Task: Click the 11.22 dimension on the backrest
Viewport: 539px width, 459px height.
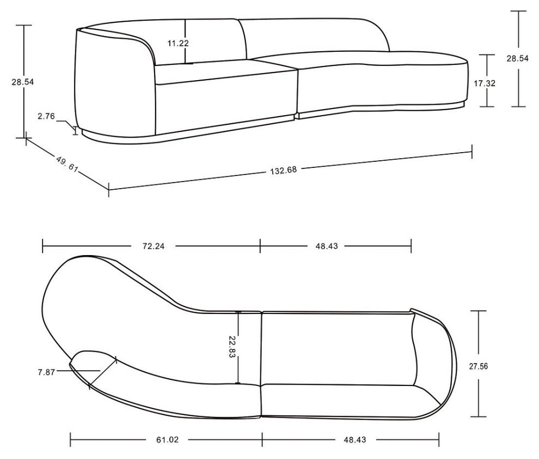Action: [x=178, y=43]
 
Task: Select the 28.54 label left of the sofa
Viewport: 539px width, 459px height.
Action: [x=22, y=82]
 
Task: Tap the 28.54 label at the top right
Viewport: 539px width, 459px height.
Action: [x=517, y=59]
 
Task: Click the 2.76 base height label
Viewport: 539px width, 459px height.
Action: [x=46, y=116]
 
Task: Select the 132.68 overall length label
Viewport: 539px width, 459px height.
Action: [x=283, y=170]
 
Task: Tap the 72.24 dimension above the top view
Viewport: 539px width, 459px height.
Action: [x=154, y=246]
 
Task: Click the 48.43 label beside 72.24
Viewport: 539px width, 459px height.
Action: [x=327, y=246]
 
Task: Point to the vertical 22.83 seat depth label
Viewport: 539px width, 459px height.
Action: [x=232, y=347]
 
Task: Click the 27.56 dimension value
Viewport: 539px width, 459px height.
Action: [x=478, y=366]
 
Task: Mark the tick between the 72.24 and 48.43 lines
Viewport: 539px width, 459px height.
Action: [x=260, y=246]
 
